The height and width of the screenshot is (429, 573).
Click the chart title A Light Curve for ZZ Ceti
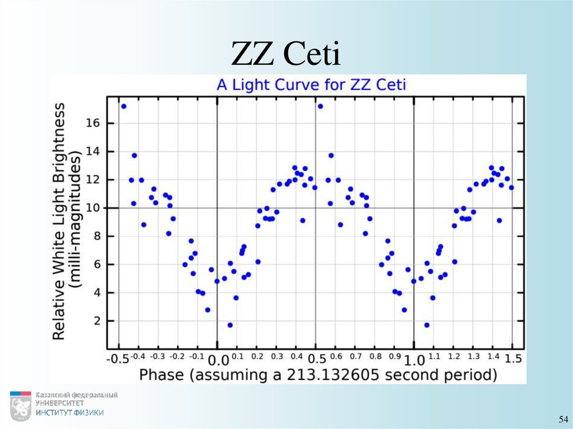[x=311, y=85]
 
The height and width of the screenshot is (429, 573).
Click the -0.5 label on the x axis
[x=117, y=359]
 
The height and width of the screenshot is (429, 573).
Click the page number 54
[x=562, y=419]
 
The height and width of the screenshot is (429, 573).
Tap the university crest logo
[x=20, y=406]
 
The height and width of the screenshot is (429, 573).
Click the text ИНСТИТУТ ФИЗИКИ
[x=69, y=413]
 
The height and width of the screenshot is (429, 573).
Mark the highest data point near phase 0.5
[x=320, y=106]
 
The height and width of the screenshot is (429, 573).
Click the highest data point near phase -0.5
[x=124, y=106]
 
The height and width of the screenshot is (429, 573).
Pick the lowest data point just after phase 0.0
[x=230, y=325]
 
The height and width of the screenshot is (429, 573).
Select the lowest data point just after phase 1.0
[x=426, y=325]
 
